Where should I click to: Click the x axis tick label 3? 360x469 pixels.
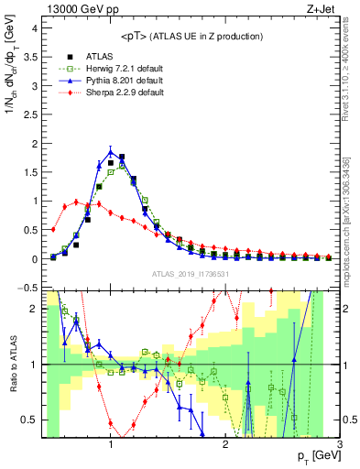(x=339, y=446)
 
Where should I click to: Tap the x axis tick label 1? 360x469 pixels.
(x=111, y=446)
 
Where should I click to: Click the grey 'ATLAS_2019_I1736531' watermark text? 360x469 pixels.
(x=191, y=274)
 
